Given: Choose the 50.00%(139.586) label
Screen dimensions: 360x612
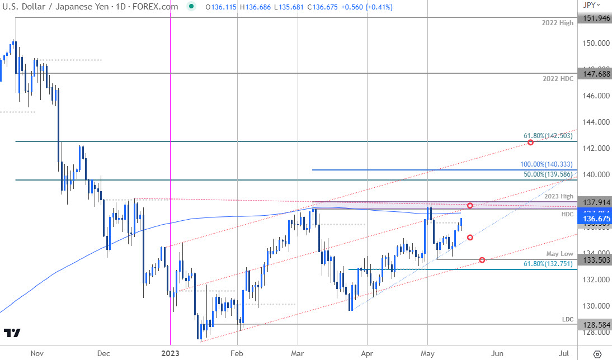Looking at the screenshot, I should tap(547, 174).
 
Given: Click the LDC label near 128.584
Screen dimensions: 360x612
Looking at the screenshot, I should tap(568, 319).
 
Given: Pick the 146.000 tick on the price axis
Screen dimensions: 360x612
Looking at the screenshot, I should tap(595, 96).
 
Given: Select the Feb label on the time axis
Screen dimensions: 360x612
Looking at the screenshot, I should tap(237, 353).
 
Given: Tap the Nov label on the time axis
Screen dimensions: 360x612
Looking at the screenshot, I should tap(37, 353).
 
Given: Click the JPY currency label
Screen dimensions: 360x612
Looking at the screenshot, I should tap(589, 5).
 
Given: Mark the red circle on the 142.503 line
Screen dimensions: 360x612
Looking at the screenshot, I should tap(530, 143).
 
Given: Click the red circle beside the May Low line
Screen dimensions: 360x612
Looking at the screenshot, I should tap(482, 260).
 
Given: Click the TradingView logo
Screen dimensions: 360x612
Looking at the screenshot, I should tap(12, 333).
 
